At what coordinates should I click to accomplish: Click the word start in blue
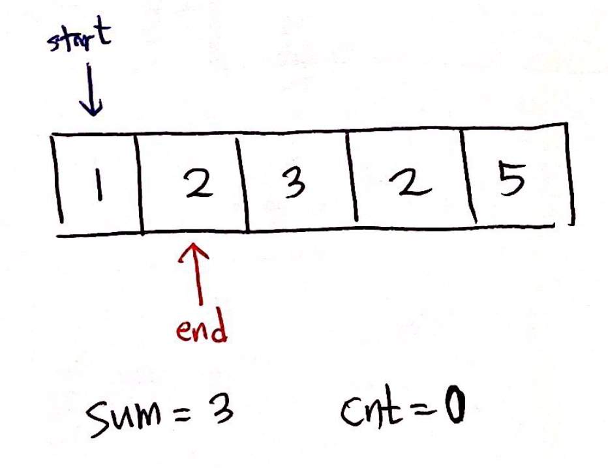pyautogui.click(x=78, y=39)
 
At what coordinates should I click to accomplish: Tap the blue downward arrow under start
pyautogui.click(x=92, y=91)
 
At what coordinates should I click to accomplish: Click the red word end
pyautogui.click(x=202, y=329)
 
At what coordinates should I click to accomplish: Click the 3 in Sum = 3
pyautogui.click(x=222, y=411)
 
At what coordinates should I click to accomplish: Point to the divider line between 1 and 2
pyautogui.click(x=138, y=183)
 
